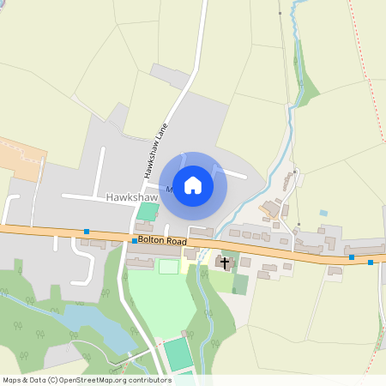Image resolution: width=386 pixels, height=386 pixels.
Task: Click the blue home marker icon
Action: (x=193, y=185)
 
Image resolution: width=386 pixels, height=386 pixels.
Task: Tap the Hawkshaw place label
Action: (x=129, y=197)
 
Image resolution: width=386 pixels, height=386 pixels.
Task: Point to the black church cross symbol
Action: (x=226, y=262)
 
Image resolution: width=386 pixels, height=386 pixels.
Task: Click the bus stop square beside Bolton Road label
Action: (x=135, y=241)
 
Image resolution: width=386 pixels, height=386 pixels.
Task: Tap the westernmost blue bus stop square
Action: (x=87, y=232)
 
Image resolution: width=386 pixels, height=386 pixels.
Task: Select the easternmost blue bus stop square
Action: (x=371, y=262)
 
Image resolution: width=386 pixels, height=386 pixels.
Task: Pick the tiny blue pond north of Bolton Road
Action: (x=323, y=213)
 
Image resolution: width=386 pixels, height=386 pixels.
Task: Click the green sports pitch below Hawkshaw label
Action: (x=148, y=211)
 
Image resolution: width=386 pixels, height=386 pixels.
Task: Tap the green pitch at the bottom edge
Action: (x=178, y=353)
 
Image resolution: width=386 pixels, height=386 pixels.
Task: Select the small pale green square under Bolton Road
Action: (x=169, y=267)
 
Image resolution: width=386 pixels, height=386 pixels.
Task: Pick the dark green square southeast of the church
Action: (x=240, y=284)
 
